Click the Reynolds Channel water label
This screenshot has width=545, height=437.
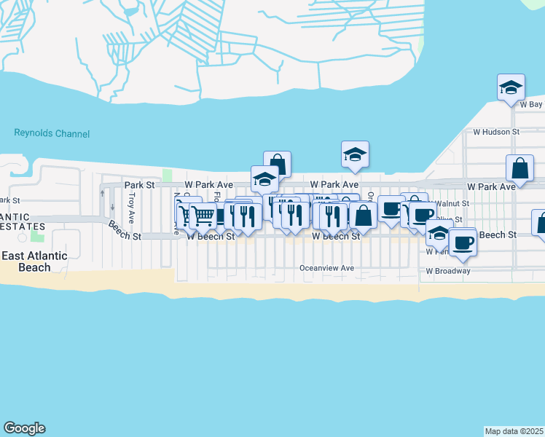[52, 134]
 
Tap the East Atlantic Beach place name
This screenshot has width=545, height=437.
[34, 261]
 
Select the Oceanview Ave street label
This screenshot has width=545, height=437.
[327, 268]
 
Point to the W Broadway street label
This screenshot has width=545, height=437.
[448, 271]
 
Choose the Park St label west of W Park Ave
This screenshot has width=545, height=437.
[139, 186]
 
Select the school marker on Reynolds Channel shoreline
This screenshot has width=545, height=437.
[355, 154]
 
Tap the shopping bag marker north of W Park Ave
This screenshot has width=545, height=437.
[277, 164]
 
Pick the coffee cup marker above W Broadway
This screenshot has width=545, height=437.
[462, 242]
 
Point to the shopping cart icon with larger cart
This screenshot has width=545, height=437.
[203, 216]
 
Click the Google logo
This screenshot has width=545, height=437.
[24, 428]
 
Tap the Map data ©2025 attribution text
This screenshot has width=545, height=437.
[514, 431]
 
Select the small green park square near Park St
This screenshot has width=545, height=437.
[168, 175]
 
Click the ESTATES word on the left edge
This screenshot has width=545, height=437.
[15, 227]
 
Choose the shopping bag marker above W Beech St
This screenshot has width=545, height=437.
[363, 215]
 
